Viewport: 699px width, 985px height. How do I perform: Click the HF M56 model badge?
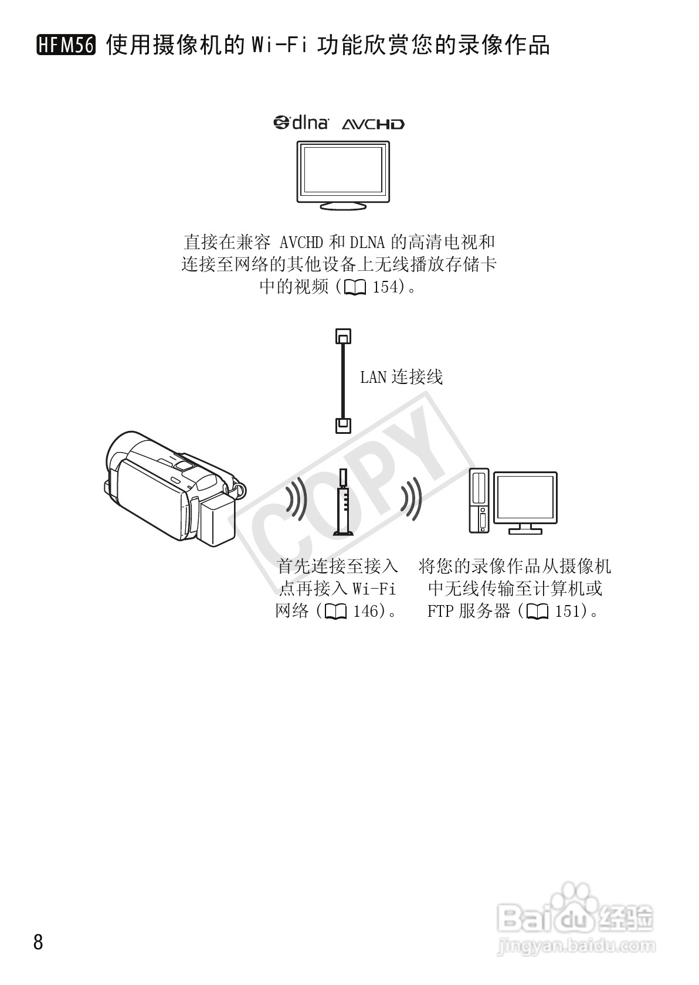coord(66,45)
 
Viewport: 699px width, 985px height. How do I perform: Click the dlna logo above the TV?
coord(301,123)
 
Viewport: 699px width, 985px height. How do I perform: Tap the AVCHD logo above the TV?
coord(373,124)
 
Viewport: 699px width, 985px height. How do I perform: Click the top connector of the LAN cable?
coord(344,337)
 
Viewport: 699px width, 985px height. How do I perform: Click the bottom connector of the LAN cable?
coord(344,424)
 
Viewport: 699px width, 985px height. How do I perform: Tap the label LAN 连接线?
coord(401,377)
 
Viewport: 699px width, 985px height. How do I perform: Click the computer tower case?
coord(479,500)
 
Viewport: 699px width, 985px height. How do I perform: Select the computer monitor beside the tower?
coord(525,502)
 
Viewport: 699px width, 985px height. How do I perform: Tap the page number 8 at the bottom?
coord(39,942)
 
